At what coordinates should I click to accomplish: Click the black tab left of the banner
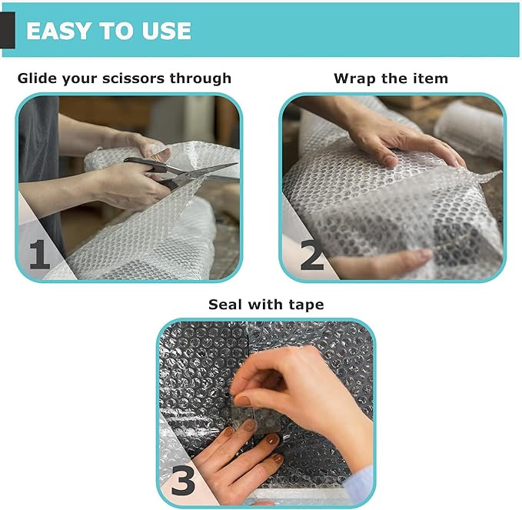[x=8, y=30]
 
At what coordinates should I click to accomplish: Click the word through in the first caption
[x=201, y=78]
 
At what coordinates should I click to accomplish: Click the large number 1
[x=39, y=254]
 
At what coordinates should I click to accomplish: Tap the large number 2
[x=311, y=255]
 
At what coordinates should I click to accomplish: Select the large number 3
[x=183, y=480]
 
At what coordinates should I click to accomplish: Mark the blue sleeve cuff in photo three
[x=359, y=483]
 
